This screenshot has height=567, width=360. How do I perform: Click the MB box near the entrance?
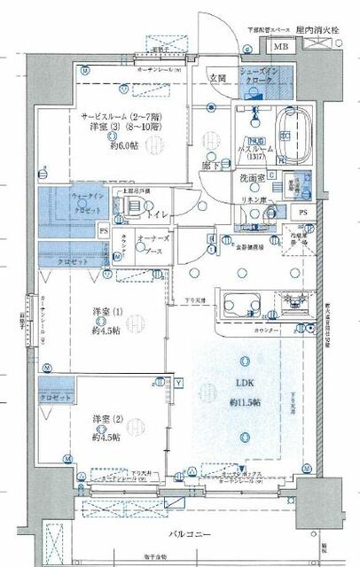(279, 47)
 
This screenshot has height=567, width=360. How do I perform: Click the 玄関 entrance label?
(217, 78)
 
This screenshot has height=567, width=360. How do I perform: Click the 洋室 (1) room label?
(106, 312)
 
